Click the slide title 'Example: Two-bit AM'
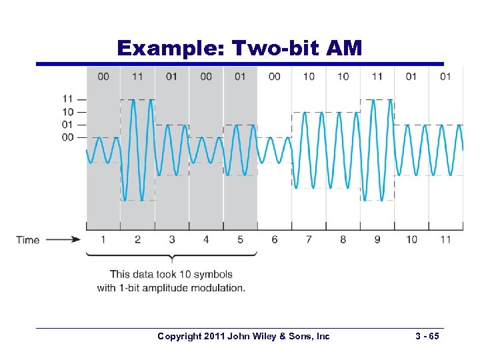click(239, 48)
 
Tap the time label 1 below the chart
click(103, 239)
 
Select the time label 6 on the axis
click(274, 239)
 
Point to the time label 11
click(445, 239)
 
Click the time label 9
click(377, 239)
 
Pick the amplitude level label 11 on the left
click(67, 99)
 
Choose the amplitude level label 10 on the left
click(67, 112)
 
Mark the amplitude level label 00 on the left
click(67, 137)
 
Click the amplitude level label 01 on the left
click(67, 125)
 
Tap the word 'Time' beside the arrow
click(28, 240)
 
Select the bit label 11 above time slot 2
click(137, 77)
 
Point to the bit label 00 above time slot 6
click(274, 77)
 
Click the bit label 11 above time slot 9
click(377, 77)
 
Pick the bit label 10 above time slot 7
click(309, 77)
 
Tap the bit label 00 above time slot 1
click(103, 77)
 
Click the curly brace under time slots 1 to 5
click(172, 257)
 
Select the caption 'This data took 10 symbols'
click(171, 275)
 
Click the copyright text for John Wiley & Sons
click(243, 337)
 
